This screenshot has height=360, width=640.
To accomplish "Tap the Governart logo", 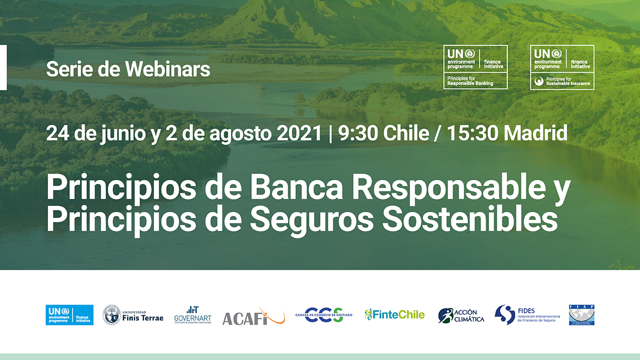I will [x=193, y=315].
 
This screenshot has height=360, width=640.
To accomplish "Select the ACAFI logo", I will [x=253, y=316].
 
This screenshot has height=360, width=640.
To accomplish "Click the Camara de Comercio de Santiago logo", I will [x=324, y=315].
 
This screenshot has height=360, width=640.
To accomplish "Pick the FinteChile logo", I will [x=395, y=315].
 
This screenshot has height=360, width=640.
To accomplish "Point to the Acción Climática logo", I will [x=461, y=316].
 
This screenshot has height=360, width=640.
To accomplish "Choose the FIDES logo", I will [x=527, y=315].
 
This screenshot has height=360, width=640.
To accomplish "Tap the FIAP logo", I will [x=581, y=315].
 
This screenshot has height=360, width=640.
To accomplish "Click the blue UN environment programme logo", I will [x=69, y=315].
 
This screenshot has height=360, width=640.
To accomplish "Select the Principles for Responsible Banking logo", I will [x=476, y=67].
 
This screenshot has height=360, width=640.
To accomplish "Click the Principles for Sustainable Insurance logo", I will [x=562, y=67].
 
